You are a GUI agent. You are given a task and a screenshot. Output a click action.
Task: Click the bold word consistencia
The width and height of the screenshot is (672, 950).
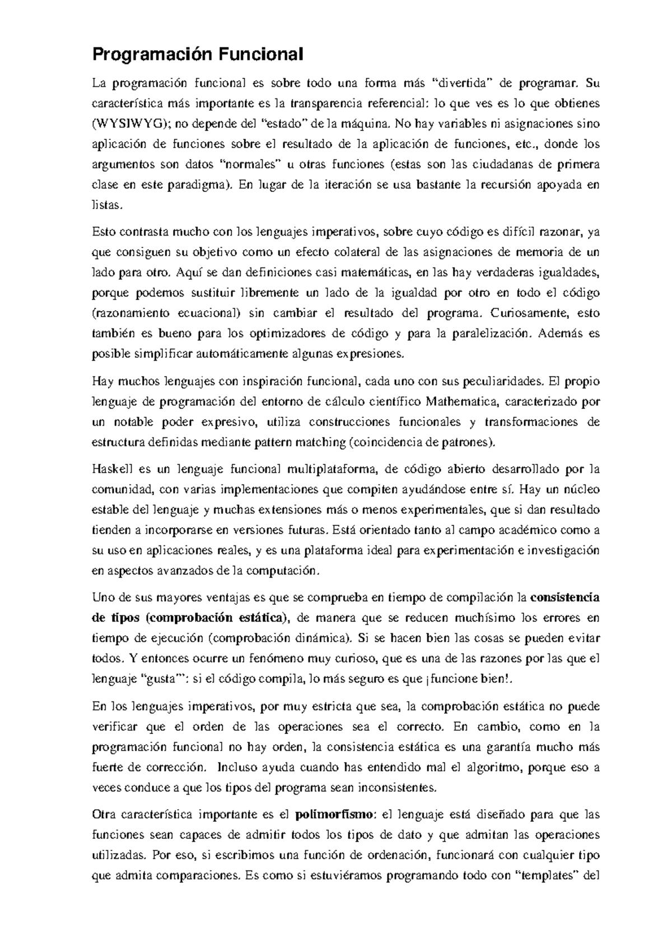pos(564,598)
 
